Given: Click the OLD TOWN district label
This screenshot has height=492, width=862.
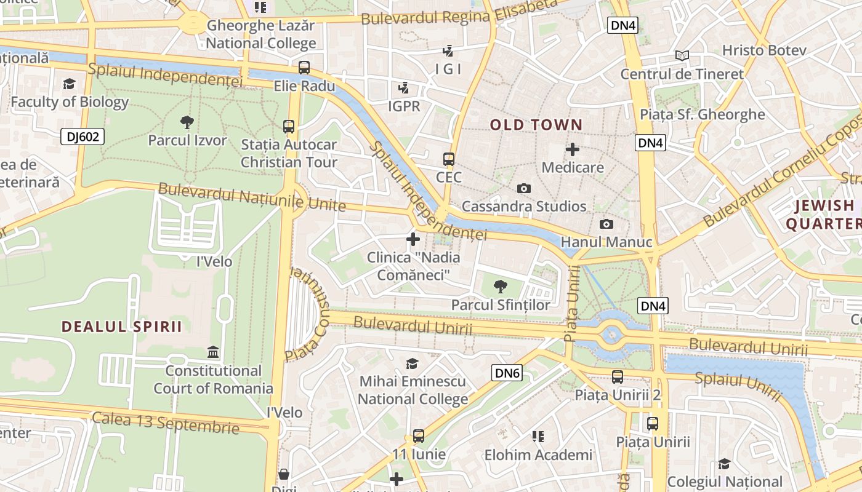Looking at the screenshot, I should (x=536, y=125).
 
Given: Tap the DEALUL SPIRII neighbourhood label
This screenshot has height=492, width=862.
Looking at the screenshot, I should (x=121, y=327).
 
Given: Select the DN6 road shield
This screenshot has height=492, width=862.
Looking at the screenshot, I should (x=507, y=373).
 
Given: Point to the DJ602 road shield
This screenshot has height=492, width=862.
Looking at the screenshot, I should (x=82, y=137).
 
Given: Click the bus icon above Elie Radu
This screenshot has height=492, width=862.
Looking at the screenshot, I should (x=304, y=68).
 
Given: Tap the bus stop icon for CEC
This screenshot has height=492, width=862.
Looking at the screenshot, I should (x=449, y=159).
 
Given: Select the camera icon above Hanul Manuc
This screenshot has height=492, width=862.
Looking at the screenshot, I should (x=606, y=224).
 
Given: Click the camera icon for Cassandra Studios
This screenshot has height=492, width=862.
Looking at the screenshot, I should (x=524, y=188).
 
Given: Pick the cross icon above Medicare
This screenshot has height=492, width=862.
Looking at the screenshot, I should (x=573, y=149).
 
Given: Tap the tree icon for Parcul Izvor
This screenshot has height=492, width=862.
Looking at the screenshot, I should (x=187, y=122).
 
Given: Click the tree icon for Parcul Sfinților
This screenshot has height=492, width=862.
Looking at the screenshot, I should (x=501, y=286).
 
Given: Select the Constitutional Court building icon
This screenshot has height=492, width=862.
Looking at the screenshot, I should (x=213, y=352).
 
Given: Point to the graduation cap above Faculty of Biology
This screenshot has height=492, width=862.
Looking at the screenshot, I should (x=69, y=84).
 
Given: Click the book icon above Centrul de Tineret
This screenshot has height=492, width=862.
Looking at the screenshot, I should (x=682, y=56).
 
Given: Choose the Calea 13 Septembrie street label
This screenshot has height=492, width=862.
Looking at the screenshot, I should (x=165, y=423).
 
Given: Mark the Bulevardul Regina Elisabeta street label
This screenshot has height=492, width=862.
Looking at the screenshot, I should (x=459, y=13).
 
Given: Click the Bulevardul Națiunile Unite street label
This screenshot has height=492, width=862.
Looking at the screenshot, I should (x=252, y=197).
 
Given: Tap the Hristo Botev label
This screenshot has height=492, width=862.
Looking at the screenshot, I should (x=763, y=50).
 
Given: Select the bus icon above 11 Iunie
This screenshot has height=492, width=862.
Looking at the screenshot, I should (x=419, y=436).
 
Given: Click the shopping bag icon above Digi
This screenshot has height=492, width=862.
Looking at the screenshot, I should (x=284, y=474).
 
